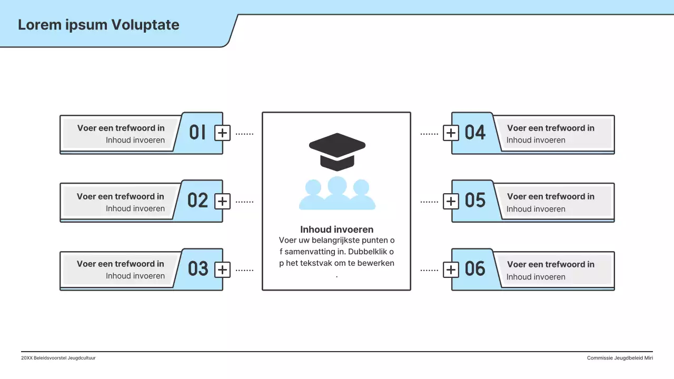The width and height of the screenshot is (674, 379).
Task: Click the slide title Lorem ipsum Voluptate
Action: (x=98, y=25)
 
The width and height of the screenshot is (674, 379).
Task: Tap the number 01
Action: (x=197, y=132)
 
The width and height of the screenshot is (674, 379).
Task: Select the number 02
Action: (x=198, y=200)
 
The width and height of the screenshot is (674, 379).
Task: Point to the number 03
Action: (x=198, y=269)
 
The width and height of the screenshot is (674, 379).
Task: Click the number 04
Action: (x=475, y=133)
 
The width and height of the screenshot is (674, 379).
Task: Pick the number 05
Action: (x=475, y=201)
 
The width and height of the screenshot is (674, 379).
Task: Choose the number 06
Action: (x=475, y=269)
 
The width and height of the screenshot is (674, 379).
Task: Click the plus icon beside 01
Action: (x=223, y=133)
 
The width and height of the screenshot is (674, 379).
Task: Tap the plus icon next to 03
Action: (x=223, y=270)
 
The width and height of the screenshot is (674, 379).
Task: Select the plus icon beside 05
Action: (x=451, y=202)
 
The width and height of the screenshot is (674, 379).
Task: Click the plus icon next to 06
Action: (x=451, y=270)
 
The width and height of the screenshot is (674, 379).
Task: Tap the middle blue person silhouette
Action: (x=337, y=192)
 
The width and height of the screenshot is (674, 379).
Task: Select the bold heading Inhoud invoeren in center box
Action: (x=337, y=230)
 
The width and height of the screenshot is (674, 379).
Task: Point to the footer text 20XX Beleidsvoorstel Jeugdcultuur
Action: (x=58, y=358)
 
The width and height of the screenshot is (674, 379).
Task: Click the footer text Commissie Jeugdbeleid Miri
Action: (x=620, y=358)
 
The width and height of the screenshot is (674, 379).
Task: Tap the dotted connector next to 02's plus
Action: (x=244, y=202)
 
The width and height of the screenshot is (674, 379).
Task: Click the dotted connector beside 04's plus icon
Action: (x=429, y=134)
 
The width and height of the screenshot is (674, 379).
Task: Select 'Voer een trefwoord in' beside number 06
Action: (x=551, y=264)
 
